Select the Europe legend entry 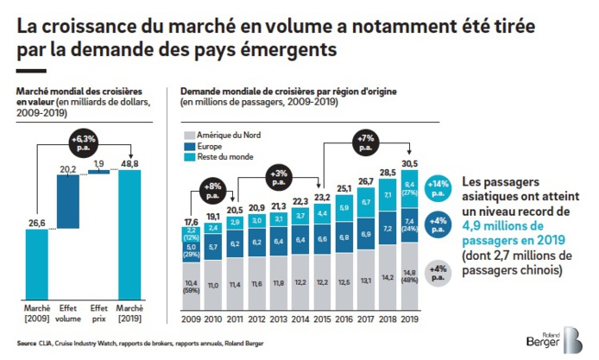click(x=211, y=147)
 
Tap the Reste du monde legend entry click(x=224, y=158)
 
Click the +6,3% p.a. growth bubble click(x=83, y=139)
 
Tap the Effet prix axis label click(x=101, y=313)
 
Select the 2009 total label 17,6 click(x=190, y=221)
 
